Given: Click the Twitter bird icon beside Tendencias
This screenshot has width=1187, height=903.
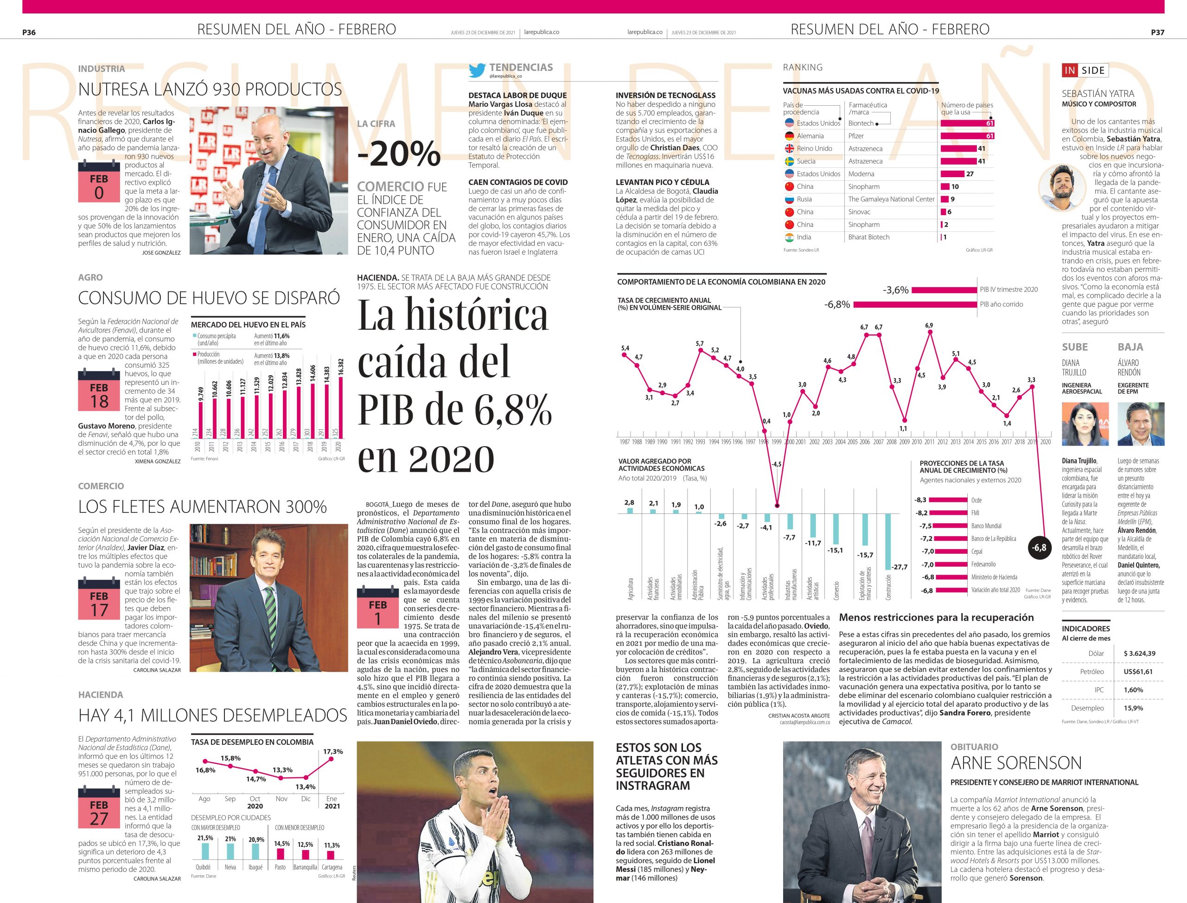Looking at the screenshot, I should (x=477, y=70).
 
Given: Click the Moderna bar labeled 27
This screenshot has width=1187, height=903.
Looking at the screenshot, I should (x=953, y=173).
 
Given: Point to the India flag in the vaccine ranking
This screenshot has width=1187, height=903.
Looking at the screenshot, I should (x=789, y=237).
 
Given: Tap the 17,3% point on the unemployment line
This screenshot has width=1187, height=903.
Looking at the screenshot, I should (x=332, y=759).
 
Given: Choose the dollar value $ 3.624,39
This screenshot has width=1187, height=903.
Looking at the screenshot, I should (x=1139, y=653).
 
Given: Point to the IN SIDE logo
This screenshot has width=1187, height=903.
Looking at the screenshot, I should (x=1085, y=70).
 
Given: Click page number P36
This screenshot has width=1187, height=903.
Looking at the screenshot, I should (x=29, y=32).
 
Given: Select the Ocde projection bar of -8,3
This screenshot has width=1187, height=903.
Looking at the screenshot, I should (x=948, y=500).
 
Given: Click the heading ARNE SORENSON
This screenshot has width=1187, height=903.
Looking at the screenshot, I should (x=1015, y=763).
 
